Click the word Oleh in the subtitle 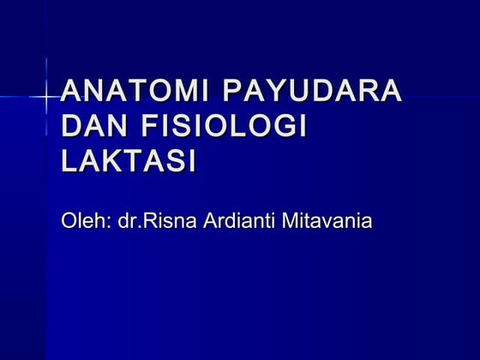click(x=81, y=223)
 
